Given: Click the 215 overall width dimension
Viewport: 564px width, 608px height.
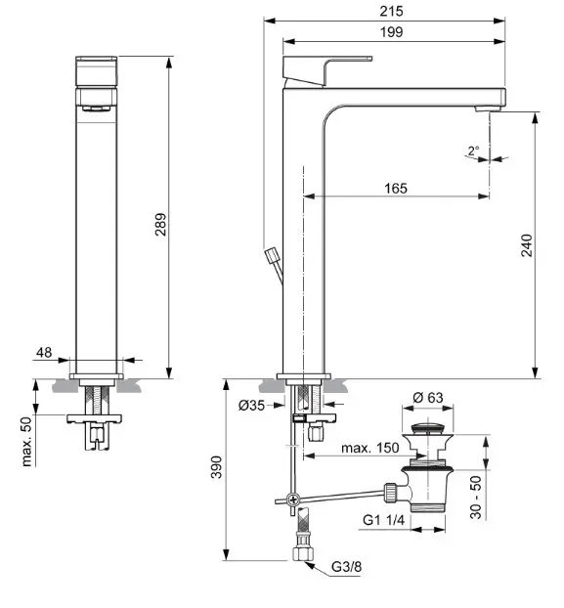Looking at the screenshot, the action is coord(391,11).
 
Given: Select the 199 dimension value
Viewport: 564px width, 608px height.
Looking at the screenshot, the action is coord(392,32).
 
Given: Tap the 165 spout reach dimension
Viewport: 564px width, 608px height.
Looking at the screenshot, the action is coord(396,189).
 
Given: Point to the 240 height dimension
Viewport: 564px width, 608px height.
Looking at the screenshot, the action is coord(527,245).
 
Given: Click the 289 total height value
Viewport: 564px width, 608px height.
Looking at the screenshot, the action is coord(160,225).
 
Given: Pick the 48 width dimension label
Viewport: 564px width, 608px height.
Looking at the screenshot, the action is coord(44,353).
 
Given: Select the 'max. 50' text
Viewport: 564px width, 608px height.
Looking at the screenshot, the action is coord(26,441).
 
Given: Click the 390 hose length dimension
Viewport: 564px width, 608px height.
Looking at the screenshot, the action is coord(217,467).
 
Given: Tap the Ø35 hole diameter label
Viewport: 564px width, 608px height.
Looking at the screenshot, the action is coord(251,406).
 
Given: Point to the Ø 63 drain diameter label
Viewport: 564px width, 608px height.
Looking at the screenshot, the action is coord(428,398).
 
